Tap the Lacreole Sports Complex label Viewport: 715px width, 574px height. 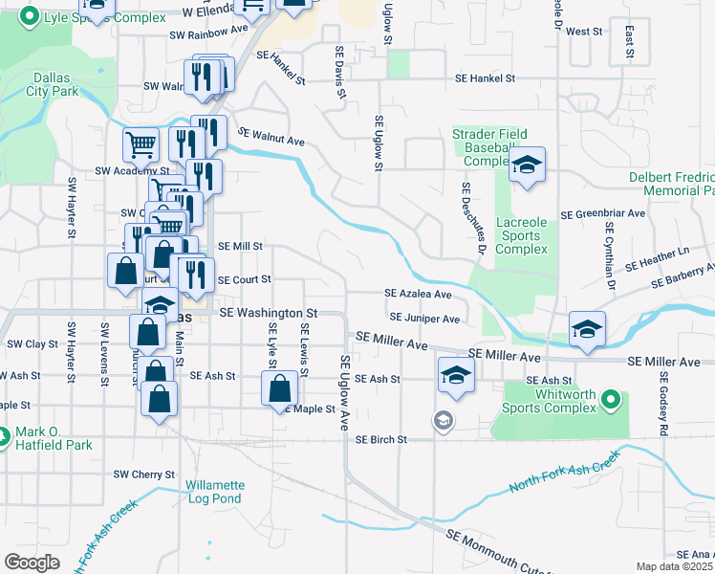(523, 235)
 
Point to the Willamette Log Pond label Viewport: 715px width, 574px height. (215, 492)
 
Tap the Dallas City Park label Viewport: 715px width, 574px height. (53, 84)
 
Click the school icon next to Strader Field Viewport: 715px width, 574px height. (527, 167)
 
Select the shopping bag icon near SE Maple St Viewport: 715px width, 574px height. (280, 388)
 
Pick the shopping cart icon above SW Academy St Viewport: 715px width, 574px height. (141, 144)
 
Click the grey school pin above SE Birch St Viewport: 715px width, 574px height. (443, 420)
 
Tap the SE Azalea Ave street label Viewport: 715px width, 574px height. (418, 294)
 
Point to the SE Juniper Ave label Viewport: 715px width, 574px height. (425, 318)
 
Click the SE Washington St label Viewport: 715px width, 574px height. (269, 313)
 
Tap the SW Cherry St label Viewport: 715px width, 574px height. (144, 475)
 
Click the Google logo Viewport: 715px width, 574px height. (32, 562)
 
